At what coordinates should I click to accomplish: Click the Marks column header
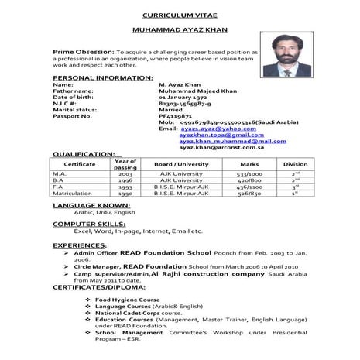249,164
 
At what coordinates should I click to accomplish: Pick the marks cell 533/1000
249,175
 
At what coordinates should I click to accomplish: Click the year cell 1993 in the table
125,187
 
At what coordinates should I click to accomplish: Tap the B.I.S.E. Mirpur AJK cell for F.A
182,187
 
